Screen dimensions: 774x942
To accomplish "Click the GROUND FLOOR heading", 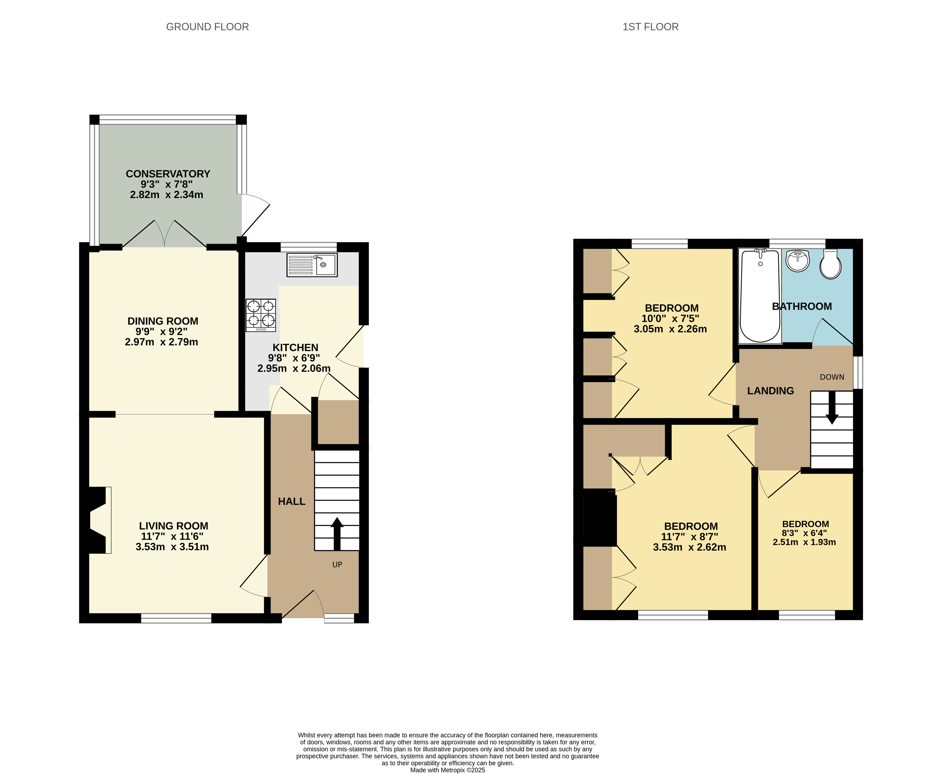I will click(207, 27).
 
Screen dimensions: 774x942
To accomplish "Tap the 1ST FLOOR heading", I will click(650, 27).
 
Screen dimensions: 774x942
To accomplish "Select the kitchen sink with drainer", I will click(312, 265).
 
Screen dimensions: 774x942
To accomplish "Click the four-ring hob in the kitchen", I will click(261, 315).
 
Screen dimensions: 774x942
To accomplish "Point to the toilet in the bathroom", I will click(830, 264).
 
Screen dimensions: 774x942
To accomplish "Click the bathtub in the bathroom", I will click(760, 296).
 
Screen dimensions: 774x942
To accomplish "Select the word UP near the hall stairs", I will click(337, 564).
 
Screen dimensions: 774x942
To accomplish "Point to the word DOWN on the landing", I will click(832, 377).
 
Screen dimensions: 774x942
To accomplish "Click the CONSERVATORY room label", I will click(168, 174).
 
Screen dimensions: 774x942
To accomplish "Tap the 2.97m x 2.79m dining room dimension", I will click(161, 342).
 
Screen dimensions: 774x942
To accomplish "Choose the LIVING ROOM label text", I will click(173, 526).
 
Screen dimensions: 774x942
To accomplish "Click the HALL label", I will click(292, 501).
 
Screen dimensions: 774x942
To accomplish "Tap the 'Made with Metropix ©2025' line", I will click(447, 770).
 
